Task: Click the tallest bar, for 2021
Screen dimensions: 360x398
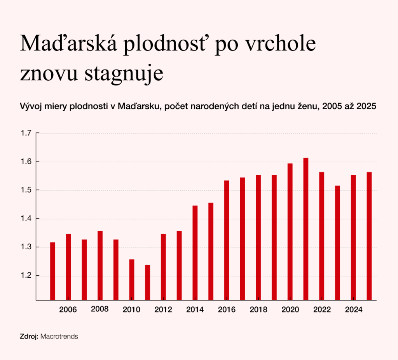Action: click(x=305, y=229)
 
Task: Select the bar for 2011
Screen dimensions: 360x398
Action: click(x=147, y=282)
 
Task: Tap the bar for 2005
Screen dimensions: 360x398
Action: click(x=52, y=271)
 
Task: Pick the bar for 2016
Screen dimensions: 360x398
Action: click(x=227, y=240)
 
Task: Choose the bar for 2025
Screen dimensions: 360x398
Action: click(x=369, y=236)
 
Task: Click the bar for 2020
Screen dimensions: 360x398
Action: click(x=290, y=231)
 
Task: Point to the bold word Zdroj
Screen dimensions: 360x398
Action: click(x=29, y=336)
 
